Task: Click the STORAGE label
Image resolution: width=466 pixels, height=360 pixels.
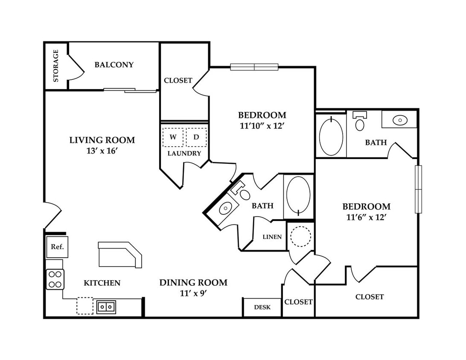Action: (55, 66)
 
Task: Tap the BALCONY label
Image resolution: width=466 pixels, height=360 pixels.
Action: (114, 65)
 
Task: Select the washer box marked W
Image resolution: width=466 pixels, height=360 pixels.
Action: (173, 137)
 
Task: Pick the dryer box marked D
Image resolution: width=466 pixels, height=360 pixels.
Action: (196, 137)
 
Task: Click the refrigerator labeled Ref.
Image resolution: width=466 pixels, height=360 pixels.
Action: (57, 247)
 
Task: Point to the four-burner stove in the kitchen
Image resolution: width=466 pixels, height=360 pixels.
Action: (55, 279)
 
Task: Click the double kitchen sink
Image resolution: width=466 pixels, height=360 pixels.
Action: (106, 307)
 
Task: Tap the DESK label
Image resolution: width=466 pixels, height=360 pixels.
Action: (262, 307)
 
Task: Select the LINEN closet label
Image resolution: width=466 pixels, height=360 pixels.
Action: (272, 237)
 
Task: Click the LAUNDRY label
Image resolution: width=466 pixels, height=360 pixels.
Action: (184, 153)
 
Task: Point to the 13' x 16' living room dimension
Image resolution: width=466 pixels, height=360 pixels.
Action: (102, 151)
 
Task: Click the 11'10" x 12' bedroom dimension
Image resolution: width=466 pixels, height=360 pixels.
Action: (262, 126)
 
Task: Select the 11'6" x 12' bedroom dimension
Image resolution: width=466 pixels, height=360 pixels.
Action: (366, 218)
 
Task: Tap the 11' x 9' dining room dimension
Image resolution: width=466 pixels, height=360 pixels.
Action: (193, 293)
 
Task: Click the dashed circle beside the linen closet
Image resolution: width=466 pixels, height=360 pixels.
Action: (300, 236)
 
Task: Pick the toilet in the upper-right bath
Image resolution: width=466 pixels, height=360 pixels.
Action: (360, 121)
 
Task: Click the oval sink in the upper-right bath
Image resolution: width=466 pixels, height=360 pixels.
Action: (400, 120)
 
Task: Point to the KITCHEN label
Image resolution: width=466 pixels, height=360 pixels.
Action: (102, 283)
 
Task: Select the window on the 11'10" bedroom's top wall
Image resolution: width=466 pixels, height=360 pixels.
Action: (254, 67)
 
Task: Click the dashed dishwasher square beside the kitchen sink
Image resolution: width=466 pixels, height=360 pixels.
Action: (85, 306)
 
